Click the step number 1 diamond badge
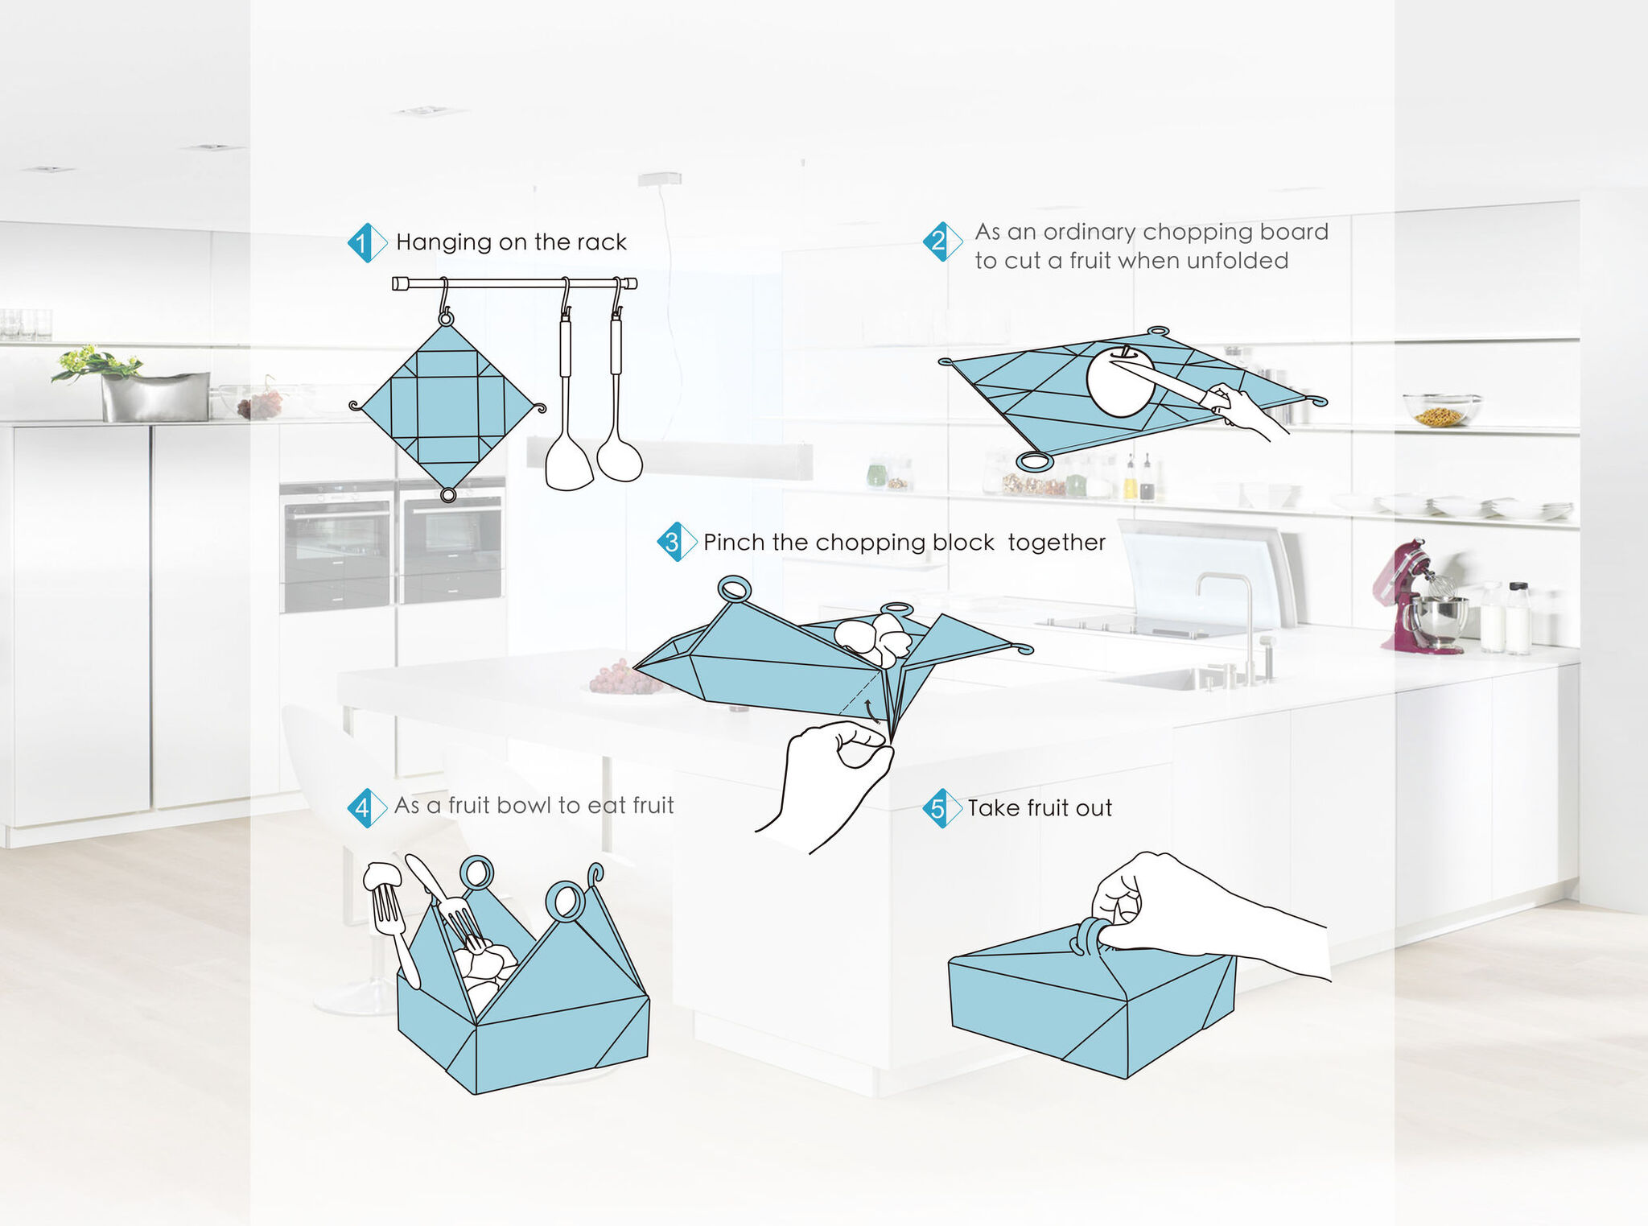pos(367,243)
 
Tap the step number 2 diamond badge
pos(942,241)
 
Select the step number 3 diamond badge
pos(677,542)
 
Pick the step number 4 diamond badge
pos(367,807)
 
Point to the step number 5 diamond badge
pos(942,808)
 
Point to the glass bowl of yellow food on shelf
pos(1441,409)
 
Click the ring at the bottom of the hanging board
pos(448,494)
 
